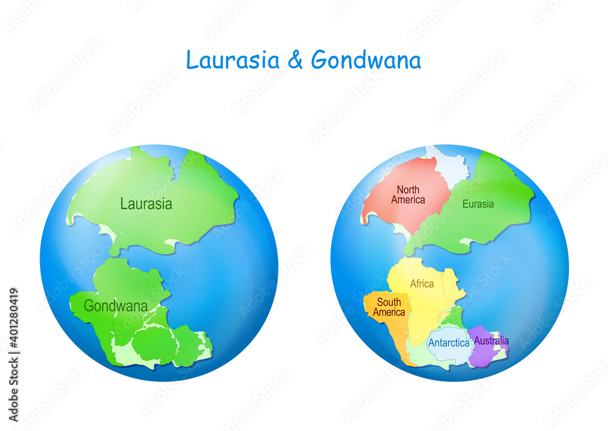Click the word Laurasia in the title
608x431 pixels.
click(x=233, y=60)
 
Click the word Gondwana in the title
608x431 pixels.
click(x=366, y=60)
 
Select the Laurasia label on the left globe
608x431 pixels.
click(x=146, y=204)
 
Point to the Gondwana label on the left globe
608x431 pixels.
click(x=116, y=306)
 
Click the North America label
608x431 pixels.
click(x=408, y=195)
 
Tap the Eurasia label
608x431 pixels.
click(x=478, y=204)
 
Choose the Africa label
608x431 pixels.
click(x=422, y=284)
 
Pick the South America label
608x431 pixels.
click(x=389, y=308)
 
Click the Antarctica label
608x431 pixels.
click(x=449, y=343)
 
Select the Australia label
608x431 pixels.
click(x=491, y=340)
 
